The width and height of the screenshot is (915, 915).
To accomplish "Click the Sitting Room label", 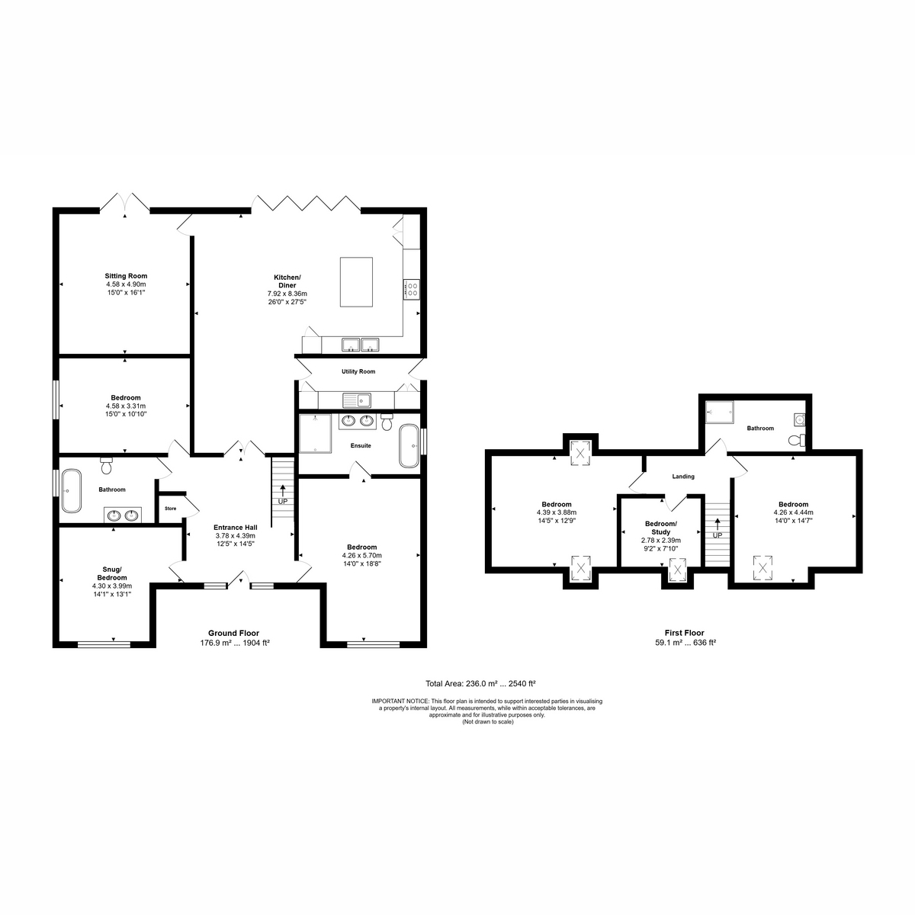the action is (126, 276).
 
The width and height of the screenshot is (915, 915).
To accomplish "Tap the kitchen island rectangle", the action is (356, 282).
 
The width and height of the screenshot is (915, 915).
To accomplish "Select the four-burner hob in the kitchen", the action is (411, 290).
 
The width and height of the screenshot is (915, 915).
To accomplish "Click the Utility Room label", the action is (358, 371).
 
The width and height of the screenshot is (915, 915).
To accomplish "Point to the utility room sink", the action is (358, 400).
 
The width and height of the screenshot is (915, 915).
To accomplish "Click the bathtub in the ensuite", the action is (409, 446).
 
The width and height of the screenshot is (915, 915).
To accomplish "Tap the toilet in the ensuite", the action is (387, 421).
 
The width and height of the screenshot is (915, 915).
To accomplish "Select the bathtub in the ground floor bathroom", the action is (71, 491).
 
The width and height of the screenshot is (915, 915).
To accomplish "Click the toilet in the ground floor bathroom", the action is (106, 466).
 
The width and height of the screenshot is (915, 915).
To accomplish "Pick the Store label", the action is (171, 509).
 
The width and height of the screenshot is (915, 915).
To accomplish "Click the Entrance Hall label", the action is (236, 528).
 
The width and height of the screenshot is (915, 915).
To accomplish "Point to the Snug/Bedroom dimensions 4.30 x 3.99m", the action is (112, 586).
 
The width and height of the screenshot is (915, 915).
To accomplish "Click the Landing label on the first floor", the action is (683, 477).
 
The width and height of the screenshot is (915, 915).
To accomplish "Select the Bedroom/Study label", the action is (661, 528).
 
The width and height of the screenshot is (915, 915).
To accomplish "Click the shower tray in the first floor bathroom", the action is (719, 412).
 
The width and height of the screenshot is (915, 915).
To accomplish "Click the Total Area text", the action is (480, 684).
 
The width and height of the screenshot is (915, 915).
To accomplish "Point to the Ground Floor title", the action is (233, 633).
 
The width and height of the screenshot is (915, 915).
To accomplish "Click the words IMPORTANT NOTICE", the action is (400, 701).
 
